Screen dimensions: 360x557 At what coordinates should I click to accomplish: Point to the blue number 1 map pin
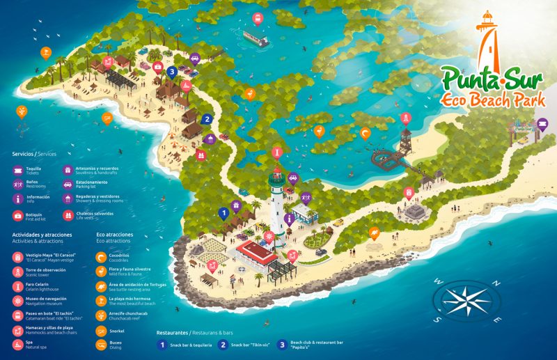pyautogui.click(x=223, y=212)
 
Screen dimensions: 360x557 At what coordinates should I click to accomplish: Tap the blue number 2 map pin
pyautogui.click(x=207, y=119)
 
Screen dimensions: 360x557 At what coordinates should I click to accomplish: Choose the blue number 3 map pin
pyautogui.click(x=172, y=70)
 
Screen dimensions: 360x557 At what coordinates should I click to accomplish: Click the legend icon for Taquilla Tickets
pyautogui.click(x=18, y=170)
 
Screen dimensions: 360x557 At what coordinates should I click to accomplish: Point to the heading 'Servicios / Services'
pyautogui.click(x=34, y=153)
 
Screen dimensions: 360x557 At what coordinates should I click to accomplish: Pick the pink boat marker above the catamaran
pyautogui.click(x=256, y=17)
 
